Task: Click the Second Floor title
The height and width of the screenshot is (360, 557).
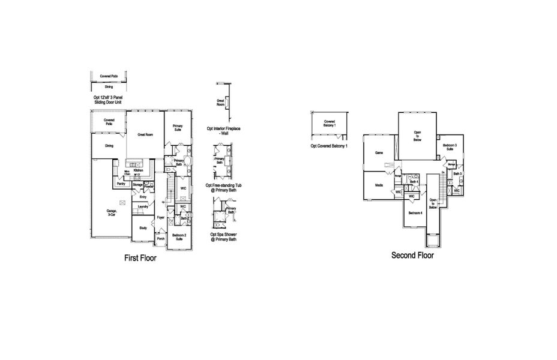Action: click(412, 255)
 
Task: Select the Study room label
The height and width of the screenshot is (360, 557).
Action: click(143, 228)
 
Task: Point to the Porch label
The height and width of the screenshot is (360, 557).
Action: click(160, 239)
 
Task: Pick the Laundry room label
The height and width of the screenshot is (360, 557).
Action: click(143, 207)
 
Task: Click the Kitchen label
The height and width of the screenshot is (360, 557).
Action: click(137, 171)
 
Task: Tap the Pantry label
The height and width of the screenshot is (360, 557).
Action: click(121, 184)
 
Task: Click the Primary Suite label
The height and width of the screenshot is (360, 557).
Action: click(178, 128)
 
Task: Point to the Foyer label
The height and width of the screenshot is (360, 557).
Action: click(160, 217)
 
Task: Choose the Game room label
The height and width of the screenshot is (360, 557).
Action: click(379, 153)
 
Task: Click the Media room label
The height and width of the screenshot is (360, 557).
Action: click(379, 185)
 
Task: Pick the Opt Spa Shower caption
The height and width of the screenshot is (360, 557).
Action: click(223, 236)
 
